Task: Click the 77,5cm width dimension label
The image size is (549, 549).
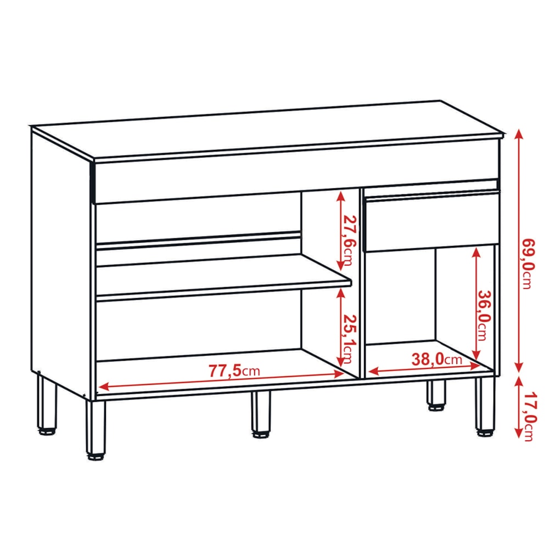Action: [234, 371]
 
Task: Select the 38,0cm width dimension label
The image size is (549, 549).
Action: [436, 359]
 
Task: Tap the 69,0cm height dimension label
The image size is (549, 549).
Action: [529, 264]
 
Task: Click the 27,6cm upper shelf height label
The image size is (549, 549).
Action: [349, 240]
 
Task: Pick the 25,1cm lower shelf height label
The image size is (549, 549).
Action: [349, 339]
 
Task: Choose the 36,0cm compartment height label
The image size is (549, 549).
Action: [485, 315]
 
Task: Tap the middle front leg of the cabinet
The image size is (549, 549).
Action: [261, 414]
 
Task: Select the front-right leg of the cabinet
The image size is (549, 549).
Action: [485, 406]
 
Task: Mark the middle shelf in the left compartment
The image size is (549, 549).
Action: [224, 278]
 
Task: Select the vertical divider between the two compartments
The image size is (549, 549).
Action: [361, 284]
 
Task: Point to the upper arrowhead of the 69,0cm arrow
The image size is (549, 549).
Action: [519, 135]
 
